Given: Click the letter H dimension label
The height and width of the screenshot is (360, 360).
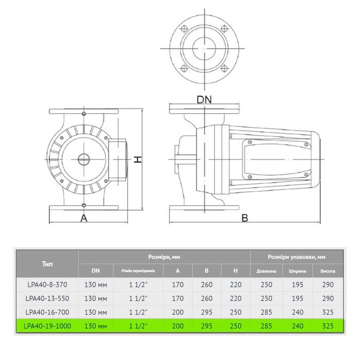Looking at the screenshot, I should [x=138, y=160].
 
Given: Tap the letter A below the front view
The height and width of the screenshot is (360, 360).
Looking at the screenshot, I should [x=83, y=218].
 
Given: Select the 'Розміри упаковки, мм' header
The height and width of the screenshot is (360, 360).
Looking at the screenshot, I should [x=297, y=256].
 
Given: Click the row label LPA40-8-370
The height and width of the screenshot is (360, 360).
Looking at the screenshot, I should [x=47, y=284].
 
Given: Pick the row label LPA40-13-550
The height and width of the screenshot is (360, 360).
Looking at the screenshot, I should [x=47, y=298].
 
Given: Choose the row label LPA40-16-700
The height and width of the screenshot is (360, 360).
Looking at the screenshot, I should [x=47, y=312].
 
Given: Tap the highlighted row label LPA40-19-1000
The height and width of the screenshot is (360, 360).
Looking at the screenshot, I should [x=47, y=326].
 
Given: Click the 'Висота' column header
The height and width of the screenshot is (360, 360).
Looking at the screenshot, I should [x=328, y=271].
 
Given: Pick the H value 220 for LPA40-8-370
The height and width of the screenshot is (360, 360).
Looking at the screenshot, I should [x=236, y=284].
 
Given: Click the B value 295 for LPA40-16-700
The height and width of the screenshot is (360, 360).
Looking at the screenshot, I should [x=207, y=312].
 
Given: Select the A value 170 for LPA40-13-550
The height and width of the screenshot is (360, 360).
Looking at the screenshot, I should [x=178, y=298].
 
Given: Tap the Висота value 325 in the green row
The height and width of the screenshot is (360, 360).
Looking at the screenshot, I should [x=328, y=326].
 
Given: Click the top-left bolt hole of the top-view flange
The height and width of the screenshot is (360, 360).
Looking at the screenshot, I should [x=184, y=29].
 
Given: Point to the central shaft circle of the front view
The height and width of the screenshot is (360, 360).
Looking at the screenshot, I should [x=83, y=159].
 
